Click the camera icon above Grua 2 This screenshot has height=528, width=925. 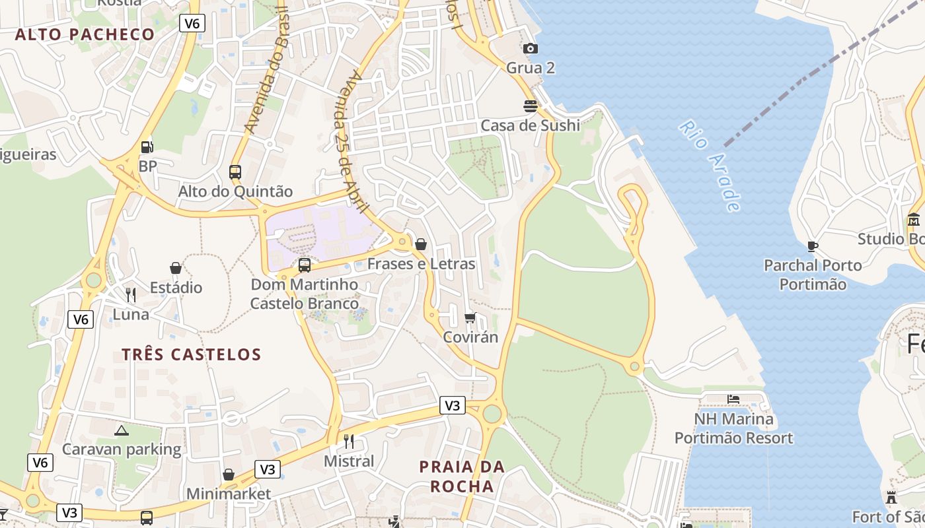point(530,48)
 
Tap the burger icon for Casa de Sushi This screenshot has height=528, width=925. point(530,106)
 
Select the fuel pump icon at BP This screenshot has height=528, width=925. point(147,147)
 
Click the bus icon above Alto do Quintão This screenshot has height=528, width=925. point(235,172)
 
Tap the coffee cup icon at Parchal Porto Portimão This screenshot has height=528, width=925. point(813,246)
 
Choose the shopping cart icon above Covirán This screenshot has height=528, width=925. point(470,317)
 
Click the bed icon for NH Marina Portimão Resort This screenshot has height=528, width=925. point(733,399)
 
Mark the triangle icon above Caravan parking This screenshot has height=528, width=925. point(121,430)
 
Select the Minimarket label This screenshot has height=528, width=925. point(229,494)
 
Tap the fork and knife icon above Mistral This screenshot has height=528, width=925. point(349,441)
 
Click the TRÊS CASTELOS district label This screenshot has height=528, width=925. point(192,354)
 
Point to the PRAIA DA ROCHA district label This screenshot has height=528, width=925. point(462,477)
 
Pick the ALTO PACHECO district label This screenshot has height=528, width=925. point(85,34)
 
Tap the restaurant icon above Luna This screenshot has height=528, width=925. point(131,294)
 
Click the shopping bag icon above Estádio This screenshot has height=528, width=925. point(176,268)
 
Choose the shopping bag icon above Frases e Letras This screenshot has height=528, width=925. point(421,244)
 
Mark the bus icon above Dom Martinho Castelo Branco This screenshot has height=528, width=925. point(305,265)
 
